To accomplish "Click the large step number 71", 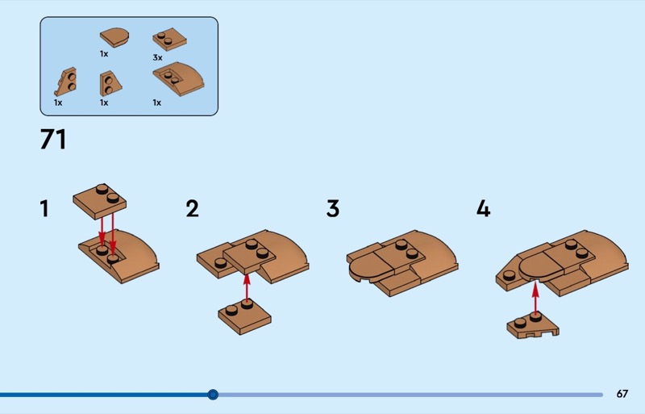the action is [x=53, y=140].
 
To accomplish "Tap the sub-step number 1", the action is [x=44, y=208].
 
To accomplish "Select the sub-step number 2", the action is [x=192, y=208].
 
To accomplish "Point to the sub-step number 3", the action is [x=333, y=208].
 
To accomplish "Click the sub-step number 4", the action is [x=483, y=208].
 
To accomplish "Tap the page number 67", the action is [x=622, y=394].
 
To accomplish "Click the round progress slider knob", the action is [x=213, y=395].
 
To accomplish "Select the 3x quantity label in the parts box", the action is [x=157, y=57].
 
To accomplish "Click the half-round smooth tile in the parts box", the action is [x=114, y=37].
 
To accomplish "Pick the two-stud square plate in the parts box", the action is [x=169, y=39].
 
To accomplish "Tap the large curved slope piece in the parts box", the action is [x=179, y=78].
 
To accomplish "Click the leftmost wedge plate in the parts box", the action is [x=66, y=82].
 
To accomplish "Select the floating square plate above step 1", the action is [x=99, y=202].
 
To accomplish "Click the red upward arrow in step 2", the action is [x=247, y=288].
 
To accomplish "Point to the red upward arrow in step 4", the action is [x=535, y=298].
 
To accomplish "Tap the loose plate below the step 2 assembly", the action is [x=244, y=317].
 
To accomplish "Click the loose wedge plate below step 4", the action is [x=533, y=326].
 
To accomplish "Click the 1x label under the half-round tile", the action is [x=104, y=54].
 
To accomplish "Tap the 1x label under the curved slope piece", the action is [x=157, y=102].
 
